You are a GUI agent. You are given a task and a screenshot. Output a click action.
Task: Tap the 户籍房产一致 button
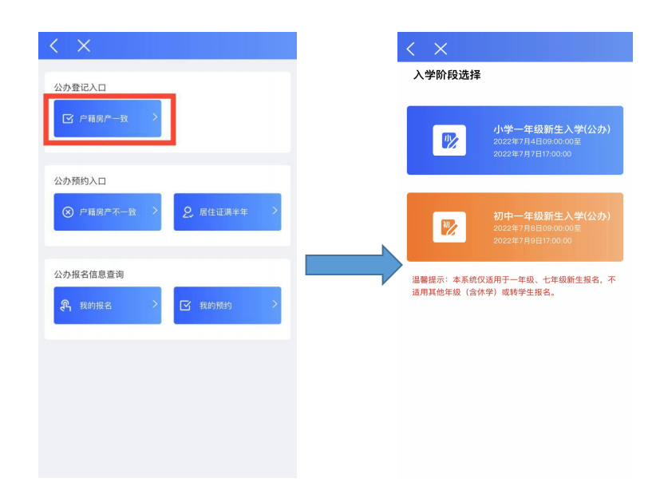point(107,119)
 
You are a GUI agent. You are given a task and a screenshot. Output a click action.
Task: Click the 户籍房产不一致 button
point(107,212)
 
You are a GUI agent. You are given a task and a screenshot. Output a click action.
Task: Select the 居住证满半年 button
point(227,212)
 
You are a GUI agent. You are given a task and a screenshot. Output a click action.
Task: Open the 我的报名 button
point(107,305)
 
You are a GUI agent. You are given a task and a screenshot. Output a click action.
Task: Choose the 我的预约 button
point(227,305)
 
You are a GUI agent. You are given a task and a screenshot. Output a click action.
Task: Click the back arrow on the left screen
point(54,46)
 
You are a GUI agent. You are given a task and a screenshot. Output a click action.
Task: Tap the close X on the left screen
point(84,46)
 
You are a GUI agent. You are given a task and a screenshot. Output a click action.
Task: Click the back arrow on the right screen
point(411,49)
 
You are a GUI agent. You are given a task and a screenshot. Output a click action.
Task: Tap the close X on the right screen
point(441,49)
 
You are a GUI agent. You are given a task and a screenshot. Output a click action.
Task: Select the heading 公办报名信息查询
point(89,274)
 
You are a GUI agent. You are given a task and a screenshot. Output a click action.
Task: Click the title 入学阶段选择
point(447,76)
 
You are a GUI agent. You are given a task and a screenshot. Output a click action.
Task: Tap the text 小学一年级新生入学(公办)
point(551,129)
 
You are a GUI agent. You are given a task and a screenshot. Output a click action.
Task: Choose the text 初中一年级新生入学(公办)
point(551,216)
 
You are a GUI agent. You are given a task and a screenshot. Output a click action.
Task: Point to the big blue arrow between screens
point(351,264)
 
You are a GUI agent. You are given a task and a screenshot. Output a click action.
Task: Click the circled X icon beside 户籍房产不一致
point(69,212)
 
